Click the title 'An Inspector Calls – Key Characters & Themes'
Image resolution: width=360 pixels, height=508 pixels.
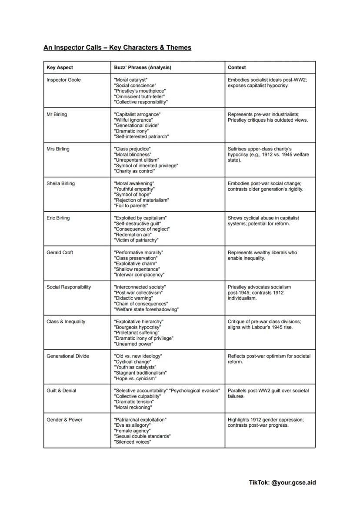(x=117, y=47)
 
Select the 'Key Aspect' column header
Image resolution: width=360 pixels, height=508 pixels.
(x=60, y=67)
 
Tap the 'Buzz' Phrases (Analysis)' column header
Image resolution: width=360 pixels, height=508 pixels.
(x=142, y=67)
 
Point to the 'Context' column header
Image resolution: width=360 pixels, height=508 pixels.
(x=237, y=67)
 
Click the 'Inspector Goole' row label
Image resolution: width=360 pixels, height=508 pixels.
(x=63, y=80)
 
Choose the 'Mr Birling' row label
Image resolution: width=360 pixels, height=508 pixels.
(x=57, y=114)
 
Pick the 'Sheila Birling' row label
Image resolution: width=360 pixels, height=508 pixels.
(x=60, y=183)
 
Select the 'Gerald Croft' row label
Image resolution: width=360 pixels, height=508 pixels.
(x=60, y=252)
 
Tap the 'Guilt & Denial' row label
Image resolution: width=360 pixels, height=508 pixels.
(x=61, y=391)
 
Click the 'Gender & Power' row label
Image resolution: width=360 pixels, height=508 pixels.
(x=63, y=420)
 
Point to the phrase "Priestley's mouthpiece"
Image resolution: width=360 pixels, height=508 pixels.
(x=140, y=91)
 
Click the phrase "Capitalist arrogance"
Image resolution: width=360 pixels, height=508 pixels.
(x=137, y=114)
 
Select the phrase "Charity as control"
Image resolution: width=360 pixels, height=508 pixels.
(x=134, y=171)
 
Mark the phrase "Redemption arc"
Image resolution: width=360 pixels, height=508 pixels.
(x=133, y=235)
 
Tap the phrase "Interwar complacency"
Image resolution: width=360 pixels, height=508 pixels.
(x=139, y=275)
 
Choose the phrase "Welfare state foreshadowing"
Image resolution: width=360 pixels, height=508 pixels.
(x=146, y=309)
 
